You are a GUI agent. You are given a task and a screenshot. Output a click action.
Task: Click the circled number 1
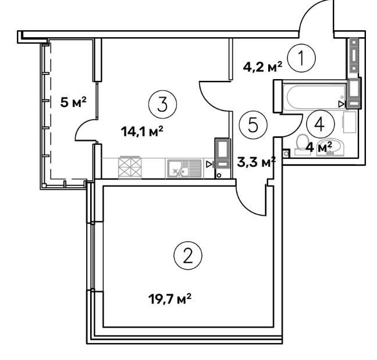click(301, 58)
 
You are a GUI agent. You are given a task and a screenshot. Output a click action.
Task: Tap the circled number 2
click(187, 256)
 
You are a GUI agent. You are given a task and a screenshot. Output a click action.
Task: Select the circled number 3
click(162, 105)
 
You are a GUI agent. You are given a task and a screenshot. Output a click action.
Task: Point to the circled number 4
click(320, 124)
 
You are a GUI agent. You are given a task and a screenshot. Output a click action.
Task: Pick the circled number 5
click(253, 125)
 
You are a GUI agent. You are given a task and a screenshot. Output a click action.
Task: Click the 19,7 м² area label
click(170, 299)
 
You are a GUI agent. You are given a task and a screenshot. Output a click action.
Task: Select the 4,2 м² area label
click(262, 67)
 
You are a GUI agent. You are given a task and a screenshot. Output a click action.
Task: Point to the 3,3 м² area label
click(257, 162)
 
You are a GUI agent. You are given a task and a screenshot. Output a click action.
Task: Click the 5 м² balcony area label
click(73, 102)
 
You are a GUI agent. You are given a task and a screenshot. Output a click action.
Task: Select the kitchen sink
click(184, 169)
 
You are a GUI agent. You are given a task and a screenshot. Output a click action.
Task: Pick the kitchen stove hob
click(130, 167)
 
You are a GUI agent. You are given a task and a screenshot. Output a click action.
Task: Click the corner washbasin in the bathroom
click(330, 148)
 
